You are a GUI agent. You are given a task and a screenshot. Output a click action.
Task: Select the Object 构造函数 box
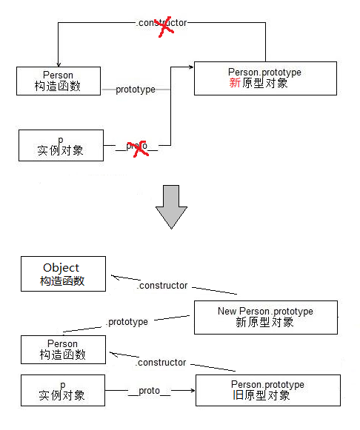click(63, 274)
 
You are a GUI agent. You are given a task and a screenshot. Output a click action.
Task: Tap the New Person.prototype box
click(265, 317)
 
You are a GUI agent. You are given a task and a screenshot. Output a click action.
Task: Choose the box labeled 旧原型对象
click(267, 390)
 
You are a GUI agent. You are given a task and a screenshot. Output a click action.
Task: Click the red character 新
click(235, 83)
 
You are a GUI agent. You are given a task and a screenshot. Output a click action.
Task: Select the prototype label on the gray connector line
click(136, 90)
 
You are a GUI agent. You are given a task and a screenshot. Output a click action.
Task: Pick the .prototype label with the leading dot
click(127, 322)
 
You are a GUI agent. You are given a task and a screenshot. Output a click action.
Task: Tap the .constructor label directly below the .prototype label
click(161, 363)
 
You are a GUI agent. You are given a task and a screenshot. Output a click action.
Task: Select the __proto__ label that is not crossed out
click(149, 390)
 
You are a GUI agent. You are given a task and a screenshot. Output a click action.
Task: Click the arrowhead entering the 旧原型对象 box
click(190, 390)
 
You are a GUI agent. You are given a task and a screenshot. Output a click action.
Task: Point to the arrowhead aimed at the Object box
click(116, 278)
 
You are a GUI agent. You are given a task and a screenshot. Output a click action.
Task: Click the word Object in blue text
click(61, 268)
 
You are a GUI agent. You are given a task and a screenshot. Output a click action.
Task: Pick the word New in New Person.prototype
click(227, 312)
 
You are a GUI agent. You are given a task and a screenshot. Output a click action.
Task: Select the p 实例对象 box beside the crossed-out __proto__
click(61, 145)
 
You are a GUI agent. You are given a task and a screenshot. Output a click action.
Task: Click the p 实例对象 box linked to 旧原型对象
click(62, 390)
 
